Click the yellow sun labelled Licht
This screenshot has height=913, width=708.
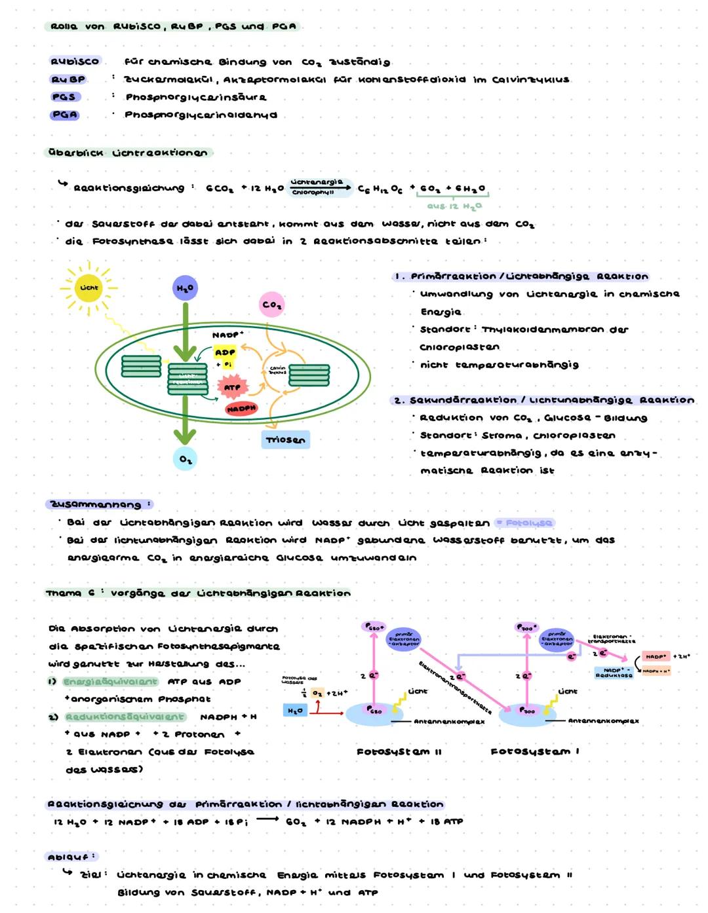pyautogui.click(x=89, y=288)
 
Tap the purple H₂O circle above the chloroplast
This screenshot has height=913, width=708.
pyautogui.click(x=185, y=288)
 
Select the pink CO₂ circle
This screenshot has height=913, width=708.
pyautogui.click(x=271, y=305)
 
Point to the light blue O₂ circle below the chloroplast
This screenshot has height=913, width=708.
pyautogui.click(x=186, y=459)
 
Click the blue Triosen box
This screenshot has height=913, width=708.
pyautogui.click(x=285, y=439)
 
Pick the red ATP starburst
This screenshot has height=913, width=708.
pyautogui.click(x=232, y=387)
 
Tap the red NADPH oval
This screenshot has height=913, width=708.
pyautogui.click(x=241, y=409)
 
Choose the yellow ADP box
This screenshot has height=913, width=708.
pyautogui.click(x=225, y=352)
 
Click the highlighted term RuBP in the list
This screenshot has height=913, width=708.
pyautogui.click(x=68, y=79)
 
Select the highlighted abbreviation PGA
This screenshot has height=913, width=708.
pyautogui.click(x=64, y=115)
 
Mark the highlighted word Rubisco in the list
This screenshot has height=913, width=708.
pyautogui.click(x=75, y=62)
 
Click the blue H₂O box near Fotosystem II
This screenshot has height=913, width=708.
pyautogui.click(x=295, y=711)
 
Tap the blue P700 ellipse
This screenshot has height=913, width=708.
pyautogui.click(x=527, y=712)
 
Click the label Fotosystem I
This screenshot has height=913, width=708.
pyautogui.click(x=534, y=751)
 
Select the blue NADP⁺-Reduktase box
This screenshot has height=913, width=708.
pyautogui.click(x=614, y=673)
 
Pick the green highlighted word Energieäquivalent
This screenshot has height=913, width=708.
pyautogui.click(x=110, y=682)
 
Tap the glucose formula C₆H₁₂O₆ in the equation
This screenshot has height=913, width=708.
pyautogui.click(x=380, y=189)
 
